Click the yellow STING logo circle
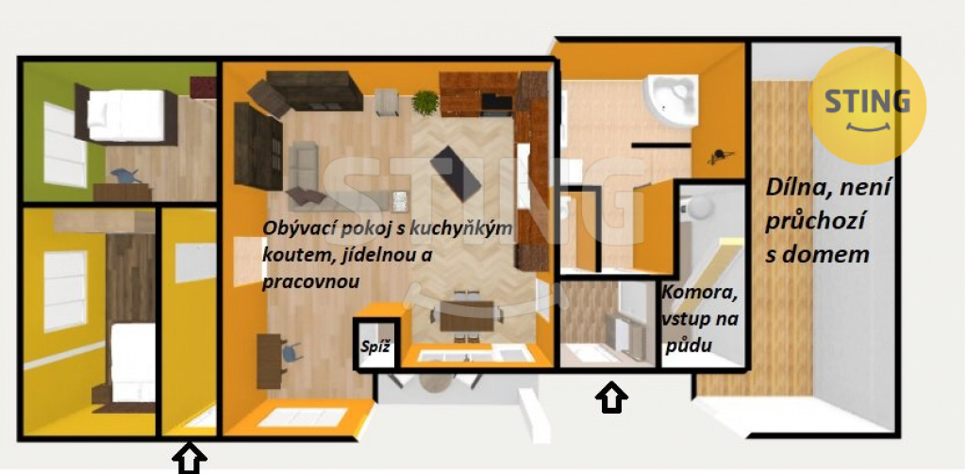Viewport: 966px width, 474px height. [x=867, y=106]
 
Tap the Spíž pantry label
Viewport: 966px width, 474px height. [x=375, y=347]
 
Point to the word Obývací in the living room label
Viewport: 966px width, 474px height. [x=298, y=228]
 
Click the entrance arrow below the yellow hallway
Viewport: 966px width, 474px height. [x=189, y=459]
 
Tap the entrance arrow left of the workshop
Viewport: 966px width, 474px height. [x=611, y=398]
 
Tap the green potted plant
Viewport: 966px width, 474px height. [x=425, y=103]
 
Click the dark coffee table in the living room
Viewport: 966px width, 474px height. [x=456, y=173]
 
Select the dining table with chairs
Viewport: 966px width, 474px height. [x=466, y=315]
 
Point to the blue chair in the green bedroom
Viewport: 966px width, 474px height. [x=127, y=176]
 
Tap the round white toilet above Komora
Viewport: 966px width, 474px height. [x=699, y=208]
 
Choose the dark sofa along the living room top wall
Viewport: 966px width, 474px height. [x=313, y=91]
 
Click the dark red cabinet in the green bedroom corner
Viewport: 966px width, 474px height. [x=204, y=88]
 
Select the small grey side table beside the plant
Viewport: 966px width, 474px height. [x=386, y=102]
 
